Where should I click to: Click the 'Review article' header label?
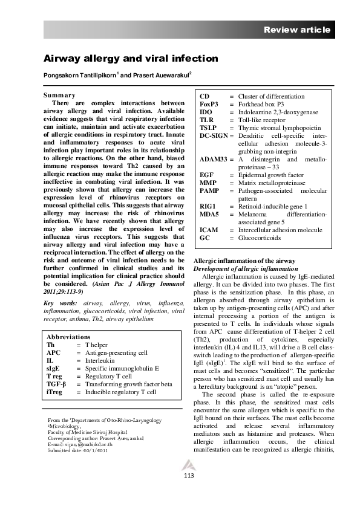[297, 30]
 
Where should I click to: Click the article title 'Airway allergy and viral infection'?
[129, 59]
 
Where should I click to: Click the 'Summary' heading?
[59, 95]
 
